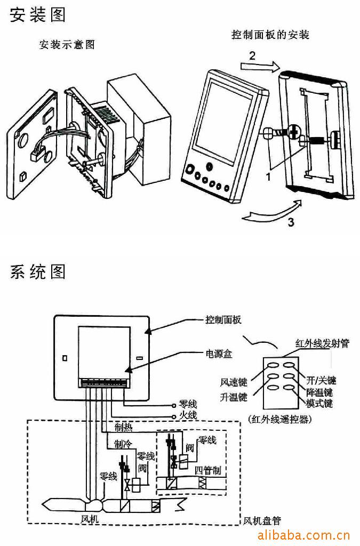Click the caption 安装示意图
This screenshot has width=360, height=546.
pyautogui.click(x=67, y=45)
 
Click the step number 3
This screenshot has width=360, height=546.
pyautogui.click(x=290, y=222)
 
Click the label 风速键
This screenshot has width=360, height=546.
pyautogui.click(x=234, y=382)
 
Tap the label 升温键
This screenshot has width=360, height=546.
pyautogui.click(x=234, y=397)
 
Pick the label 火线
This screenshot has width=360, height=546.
pyautogui.click(x=189, y=415)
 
